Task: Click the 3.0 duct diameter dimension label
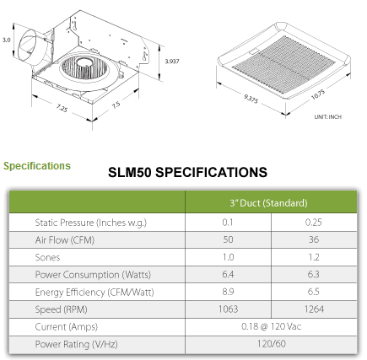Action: tap(6, 40)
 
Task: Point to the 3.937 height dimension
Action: tap(172, 61)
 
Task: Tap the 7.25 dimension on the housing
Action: tap(62, 108)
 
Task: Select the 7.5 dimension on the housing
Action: tap(116, 105)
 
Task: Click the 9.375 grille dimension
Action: tap(251, 99)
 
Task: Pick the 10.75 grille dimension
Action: tap(318, 94)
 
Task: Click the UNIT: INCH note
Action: tap(328, 116)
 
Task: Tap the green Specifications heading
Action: tap(37, 166)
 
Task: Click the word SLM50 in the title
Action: tap(130, 172)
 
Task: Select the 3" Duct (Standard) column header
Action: tap(268, 203)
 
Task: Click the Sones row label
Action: tap(47, 257)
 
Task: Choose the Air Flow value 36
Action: tap(314, 239)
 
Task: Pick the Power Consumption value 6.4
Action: tap(228, 274)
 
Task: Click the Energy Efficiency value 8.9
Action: tap(228, 292)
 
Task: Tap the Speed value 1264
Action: tap(314, 309)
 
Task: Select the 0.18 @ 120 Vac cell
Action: tap(271, 326)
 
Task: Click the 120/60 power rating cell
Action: tap(272, 344)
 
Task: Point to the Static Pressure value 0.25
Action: tap(314, 223)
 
